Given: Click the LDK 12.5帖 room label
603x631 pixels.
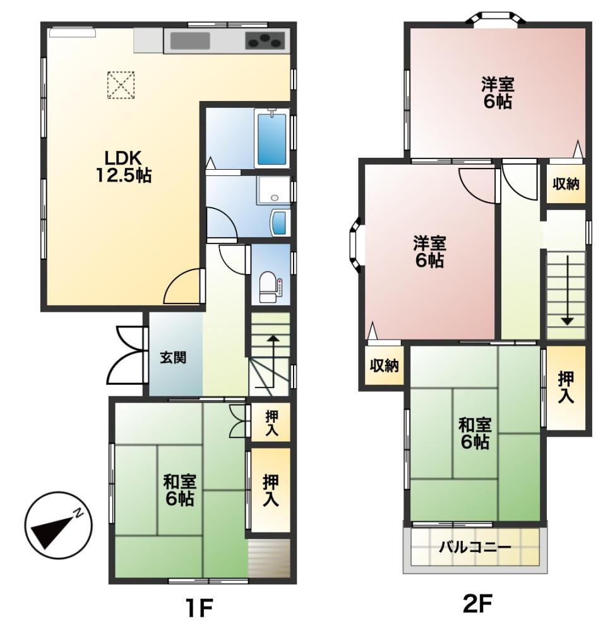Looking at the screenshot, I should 123,167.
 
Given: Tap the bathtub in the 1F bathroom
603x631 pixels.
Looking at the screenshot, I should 271,138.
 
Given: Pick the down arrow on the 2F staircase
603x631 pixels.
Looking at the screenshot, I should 567,290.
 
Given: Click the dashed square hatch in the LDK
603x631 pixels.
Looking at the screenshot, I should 121,85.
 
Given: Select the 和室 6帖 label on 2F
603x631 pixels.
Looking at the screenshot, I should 474,433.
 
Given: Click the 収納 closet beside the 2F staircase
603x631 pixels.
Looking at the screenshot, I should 566,184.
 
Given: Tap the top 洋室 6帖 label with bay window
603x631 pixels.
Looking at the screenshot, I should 498,93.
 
